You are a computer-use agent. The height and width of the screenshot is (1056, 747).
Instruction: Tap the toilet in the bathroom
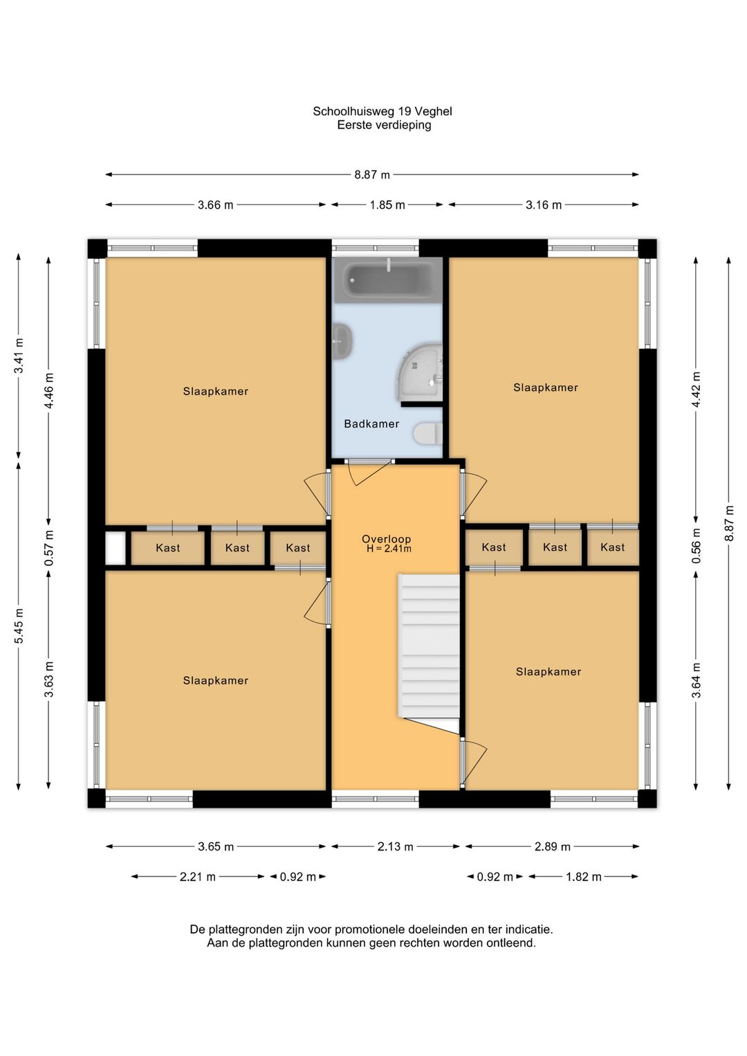pos(427,433)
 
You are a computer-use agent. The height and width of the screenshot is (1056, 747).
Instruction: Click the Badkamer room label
pos(371,424)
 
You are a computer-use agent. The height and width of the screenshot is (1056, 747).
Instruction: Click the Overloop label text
pos(386,538)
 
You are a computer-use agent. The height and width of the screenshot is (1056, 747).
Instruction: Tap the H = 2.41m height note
pos(389,549)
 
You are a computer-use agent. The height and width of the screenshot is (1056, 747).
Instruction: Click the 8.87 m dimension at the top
pos(372,175)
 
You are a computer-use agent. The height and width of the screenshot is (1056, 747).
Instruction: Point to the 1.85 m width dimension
pos(387,205)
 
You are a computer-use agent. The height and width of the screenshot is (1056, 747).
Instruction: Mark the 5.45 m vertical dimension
pos(19,626)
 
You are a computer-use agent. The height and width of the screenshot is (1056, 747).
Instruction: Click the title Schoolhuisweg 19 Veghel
pos(382,111)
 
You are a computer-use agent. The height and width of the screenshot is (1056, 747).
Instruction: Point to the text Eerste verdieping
pos(384,125)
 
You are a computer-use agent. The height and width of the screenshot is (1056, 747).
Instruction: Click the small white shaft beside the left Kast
pos(115,548)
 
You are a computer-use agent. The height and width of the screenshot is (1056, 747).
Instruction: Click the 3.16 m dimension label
pos(544,205)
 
